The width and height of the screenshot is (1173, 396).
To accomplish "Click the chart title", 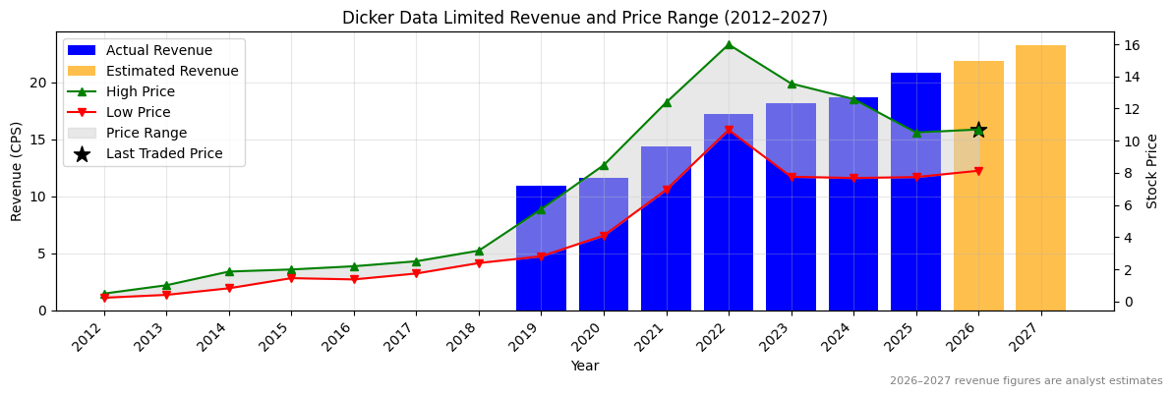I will point(584,18).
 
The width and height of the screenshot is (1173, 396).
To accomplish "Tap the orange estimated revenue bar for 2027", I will point(1040,177).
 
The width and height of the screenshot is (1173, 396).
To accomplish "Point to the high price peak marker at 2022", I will point(729,44).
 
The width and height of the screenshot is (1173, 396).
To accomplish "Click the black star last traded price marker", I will point(978,130).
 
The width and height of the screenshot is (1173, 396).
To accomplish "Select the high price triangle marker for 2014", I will point(229,271).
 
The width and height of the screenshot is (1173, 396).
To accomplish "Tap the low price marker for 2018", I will point(479,263).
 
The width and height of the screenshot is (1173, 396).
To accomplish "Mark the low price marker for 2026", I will point(978,171).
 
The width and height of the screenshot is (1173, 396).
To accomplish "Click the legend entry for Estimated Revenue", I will point(172,71).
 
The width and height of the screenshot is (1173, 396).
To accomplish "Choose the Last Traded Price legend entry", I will point(164,153).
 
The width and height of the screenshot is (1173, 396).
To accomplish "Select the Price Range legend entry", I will point(147,133).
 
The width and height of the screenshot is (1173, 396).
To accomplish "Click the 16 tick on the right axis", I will point(1131,45).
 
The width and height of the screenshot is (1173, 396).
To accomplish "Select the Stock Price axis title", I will point(1152,171).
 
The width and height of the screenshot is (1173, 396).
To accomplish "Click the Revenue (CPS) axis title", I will point(17,171).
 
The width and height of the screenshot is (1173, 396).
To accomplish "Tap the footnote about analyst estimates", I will point(1026,381).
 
